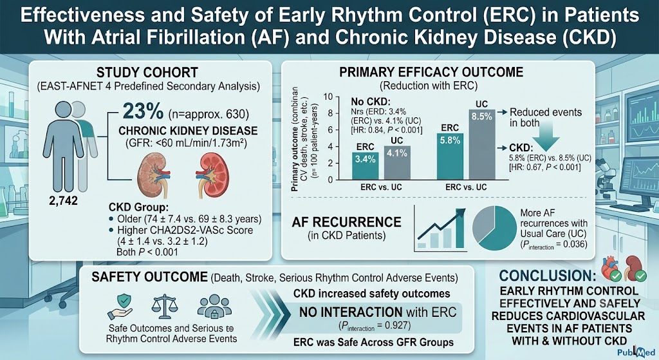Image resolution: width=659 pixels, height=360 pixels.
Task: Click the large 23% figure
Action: coord(143,112)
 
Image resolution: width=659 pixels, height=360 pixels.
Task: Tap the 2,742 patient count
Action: coord(64,201)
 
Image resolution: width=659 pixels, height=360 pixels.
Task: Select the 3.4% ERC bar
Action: coord(365,166)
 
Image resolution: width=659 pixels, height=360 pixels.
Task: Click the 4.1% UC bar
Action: coord(396,163)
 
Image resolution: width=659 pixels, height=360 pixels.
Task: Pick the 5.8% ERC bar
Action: coord(450,156)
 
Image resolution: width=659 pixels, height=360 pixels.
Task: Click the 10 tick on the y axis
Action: coord(328,97)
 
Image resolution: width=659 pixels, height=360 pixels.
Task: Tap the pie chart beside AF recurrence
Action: coord(494,228)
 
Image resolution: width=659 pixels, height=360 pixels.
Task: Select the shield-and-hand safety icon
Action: coord(120,307)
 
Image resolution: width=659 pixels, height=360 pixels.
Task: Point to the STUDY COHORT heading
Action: coord(147,72)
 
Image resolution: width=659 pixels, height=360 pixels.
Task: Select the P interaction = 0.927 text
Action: coord(375,325)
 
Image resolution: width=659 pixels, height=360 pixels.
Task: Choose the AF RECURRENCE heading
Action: coord(347,222)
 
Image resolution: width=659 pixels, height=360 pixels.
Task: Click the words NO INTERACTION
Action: coord(351,312)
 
